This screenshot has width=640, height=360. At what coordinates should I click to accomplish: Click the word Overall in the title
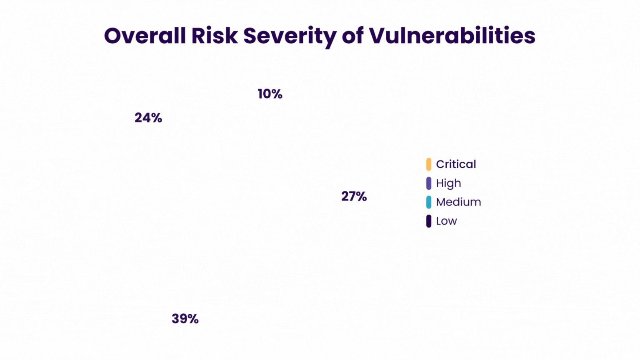[145, 36]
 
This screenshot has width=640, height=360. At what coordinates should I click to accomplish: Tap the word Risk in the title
[214, 36]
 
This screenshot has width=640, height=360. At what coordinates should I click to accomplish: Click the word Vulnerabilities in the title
[452, 36]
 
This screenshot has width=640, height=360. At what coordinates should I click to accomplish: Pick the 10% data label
[270, 94]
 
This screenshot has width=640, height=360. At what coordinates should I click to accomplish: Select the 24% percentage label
[148, 118]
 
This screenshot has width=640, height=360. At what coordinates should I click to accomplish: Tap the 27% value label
[354, 196]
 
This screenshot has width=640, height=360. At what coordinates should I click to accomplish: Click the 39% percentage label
[185, 319]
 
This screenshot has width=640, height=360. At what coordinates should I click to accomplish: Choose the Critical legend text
[456, 164]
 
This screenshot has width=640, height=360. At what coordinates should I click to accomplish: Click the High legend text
[448, 183]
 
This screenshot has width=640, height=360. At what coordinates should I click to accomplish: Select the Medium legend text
[458, 202]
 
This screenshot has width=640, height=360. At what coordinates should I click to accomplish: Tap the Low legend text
[446, 221]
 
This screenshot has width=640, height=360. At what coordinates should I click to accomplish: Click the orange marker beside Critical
[429, 164]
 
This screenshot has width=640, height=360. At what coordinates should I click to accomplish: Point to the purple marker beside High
[429, 183]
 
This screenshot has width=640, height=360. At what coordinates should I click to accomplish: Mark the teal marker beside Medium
[429, 202]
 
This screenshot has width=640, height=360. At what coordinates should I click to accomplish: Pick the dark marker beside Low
[429, 221]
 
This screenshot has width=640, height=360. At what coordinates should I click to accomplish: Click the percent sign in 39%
[193, 319]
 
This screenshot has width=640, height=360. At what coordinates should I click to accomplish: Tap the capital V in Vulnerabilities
[377, 36]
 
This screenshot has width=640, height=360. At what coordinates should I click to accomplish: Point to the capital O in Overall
[113, 36]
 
